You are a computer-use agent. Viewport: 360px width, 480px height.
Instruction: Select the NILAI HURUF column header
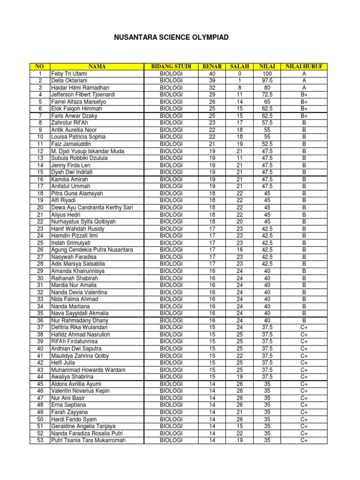304,67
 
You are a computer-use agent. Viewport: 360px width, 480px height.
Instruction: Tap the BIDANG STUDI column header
171,67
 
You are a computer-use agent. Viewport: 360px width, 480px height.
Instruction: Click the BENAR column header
212,67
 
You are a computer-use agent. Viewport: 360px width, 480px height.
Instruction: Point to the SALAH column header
240,67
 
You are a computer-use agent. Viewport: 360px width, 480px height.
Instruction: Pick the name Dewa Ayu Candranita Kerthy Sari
92,207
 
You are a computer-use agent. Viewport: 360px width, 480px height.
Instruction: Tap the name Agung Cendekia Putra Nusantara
92,250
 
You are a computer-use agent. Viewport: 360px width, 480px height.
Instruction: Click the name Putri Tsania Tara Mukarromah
89,440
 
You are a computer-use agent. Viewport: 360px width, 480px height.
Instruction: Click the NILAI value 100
267,74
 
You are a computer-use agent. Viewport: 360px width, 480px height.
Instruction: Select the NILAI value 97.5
267,81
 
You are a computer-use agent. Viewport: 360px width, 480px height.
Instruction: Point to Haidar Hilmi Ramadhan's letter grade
304,88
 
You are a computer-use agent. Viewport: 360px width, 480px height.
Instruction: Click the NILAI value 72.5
267,95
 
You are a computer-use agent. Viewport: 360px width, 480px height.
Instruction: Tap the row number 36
40,320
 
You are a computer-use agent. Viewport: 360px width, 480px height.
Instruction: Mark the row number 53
40,440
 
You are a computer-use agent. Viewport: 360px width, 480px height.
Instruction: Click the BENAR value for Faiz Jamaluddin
212,144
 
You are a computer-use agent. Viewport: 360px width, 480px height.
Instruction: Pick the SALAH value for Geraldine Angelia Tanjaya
240,426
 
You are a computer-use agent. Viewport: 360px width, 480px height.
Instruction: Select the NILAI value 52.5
267,144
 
